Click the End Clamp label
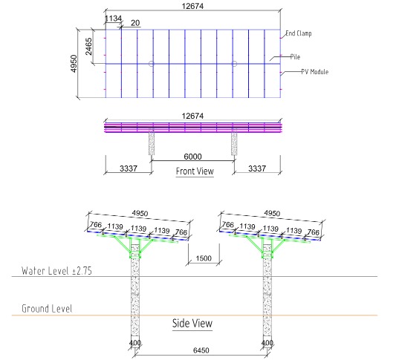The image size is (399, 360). (x=298, y=33)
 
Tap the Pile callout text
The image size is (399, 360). (x=295, y=56)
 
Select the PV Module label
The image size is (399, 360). (x=315, y=72)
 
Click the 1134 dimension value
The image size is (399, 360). (x=113, y=19)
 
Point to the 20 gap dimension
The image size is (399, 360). (x=135, y=23)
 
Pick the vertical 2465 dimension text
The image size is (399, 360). (x=88, y=47)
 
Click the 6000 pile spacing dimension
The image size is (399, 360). (x=192, y=157)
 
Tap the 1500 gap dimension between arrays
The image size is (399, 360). (x=204, y=258)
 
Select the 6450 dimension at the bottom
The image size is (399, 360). (x=201, y=350)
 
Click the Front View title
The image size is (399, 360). (x=195, y=171)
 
